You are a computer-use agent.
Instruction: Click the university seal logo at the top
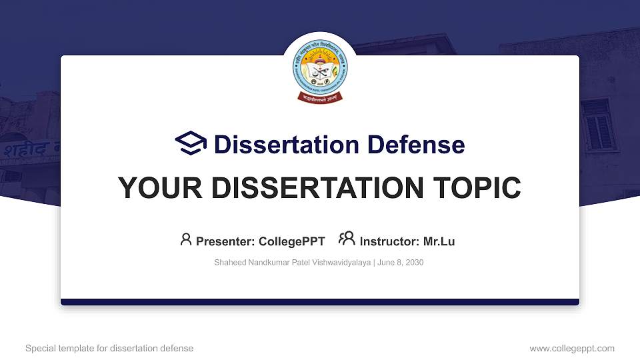point(320,70)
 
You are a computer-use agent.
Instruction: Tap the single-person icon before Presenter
point(186,239)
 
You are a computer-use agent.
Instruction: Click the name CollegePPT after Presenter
point(291,241)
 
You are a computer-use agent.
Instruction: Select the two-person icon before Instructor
point(347,239)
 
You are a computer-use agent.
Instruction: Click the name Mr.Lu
point(439,241)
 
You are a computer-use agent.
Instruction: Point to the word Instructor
point(389,241)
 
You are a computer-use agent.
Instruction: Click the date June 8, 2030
point(401,263)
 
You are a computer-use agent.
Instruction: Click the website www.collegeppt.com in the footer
point(572,349)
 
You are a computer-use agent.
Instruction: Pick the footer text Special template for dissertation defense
point(109,349)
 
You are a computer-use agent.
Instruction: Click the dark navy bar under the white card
point(320,302)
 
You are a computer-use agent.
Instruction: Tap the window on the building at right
point(598,125)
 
